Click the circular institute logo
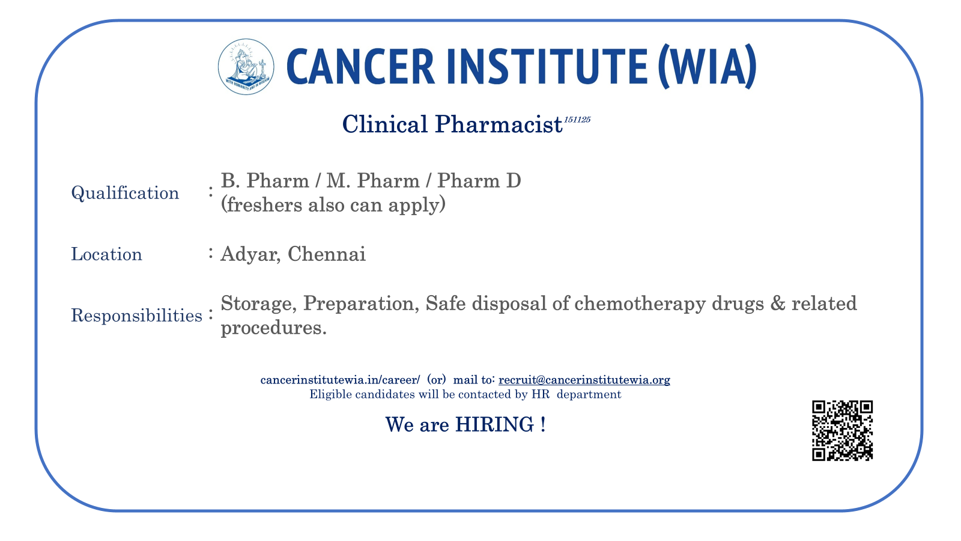246,67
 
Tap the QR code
842,430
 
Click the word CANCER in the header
360,66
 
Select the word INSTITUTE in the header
547,66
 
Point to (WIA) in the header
707,66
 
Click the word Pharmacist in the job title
499,124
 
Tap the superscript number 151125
577,120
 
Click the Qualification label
125,193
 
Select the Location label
106,254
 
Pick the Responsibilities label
136,316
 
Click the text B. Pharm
265,181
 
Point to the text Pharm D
479,181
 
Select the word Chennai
327,254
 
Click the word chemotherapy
640,304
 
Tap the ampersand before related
778,304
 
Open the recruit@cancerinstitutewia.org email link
584,380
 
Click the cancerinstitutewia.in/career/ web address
340,380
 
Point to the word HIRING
495,424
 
